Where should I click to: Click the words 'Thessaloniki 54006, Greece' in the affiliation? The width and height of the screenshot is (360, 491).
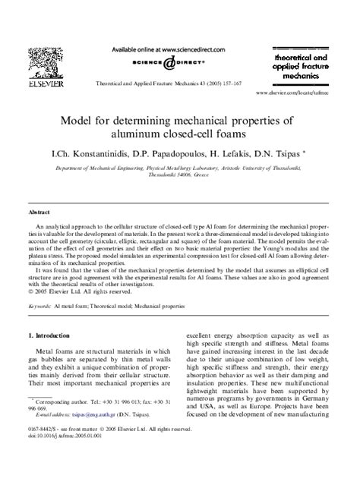click(x=178, y=173)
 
